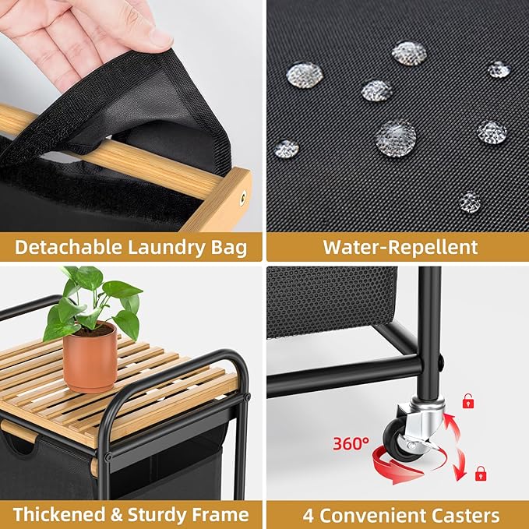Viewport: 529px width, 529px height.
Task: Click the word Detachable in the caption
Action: click(68, 247)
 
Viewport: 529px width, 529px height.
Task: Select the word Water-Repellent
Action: click(400, 247)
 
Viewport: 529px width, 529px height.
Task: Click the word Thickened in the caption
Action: click(59, 514)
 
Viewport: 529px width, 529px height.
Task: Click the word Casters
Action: click(465, 515)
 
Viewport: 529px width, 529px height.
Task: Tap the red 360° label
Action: click(351, 443)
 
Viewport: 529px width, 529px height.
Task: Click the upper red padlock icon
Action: click(468, 400)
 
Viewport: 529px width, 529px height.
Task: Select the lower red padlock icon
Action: click(481, 474)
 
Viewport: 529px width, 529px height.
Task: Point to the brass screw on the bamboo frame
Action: click(243, 198)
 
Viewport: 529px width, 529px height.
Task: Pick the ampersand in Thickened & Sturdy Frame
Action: click(116, 515)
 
